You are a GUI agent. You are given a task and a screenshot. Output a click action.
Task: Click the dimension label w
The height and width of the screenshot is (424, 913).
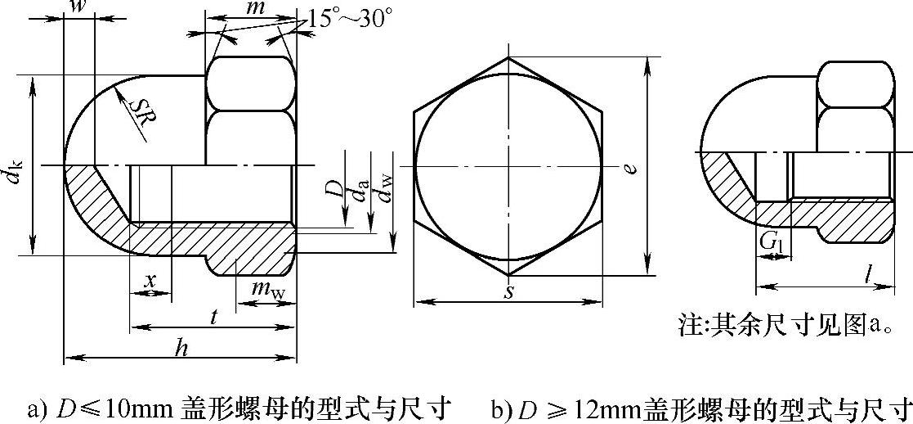tap(77, 7)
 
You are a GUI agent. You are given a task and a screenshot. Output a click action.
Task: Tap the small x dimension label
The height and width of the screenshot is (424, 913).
tap(151, 280)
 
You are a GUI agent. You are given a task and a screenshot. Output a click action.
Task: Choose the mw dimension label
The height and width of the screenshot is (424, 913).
tap(266, 288)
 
